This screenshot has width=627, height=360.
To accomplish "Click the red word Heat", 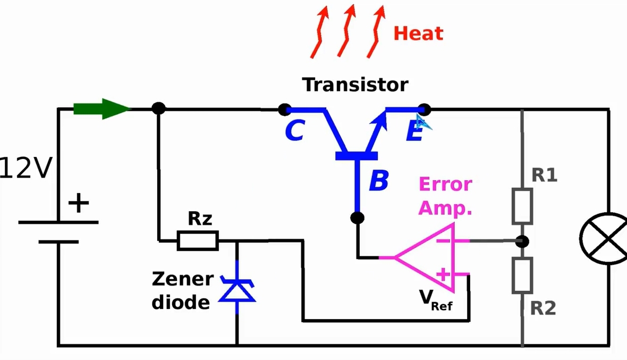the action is pos(418,33).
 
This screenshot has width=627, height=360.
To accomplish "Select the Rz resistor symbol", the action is pos(198,241).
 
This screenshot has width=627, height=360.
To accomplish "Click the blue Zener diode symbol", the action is pos(237,289).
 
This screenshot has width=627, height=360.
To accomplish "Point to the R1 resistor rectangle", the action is pos(522,206).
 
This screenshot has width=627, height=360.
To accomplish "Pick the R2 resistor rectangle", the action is pos(522,275).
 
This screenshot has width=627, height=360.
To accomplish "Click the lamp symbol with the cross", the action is pos(604,238).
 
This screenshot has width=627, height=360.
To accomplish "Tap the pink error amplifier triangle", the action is pos(424,257).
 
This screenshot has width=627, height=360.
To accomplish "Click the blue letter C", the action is pos(295,130).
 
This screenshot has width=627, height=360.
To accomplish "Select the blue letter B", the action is pos(379,180).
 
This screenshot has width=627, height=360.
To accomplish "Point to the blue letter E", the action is pos(414,131).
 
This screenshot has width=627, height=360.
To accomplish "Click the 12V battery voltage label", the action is pos(26,168).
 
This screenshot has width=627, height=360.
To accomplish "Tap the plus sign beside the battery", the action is pos(79,203).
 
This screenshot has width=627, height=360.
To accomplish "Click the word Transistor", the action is pos(355,85).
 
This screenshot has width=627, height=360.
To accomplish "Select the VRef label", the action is pos(436,300).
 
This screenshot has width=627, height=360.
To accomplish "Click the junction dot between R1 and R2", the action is pos(522,241).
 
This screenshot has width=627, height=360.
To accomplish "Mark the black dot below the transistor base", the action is pos(357,218).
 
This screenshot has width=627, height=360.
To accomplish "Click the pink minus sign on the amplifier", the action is pos(443,241).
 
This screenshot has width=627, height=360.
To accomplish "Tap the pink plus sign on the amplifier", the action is pos(443,274).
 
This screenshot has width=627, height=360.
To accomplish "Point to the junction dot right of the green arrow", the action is pos(159,108).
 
